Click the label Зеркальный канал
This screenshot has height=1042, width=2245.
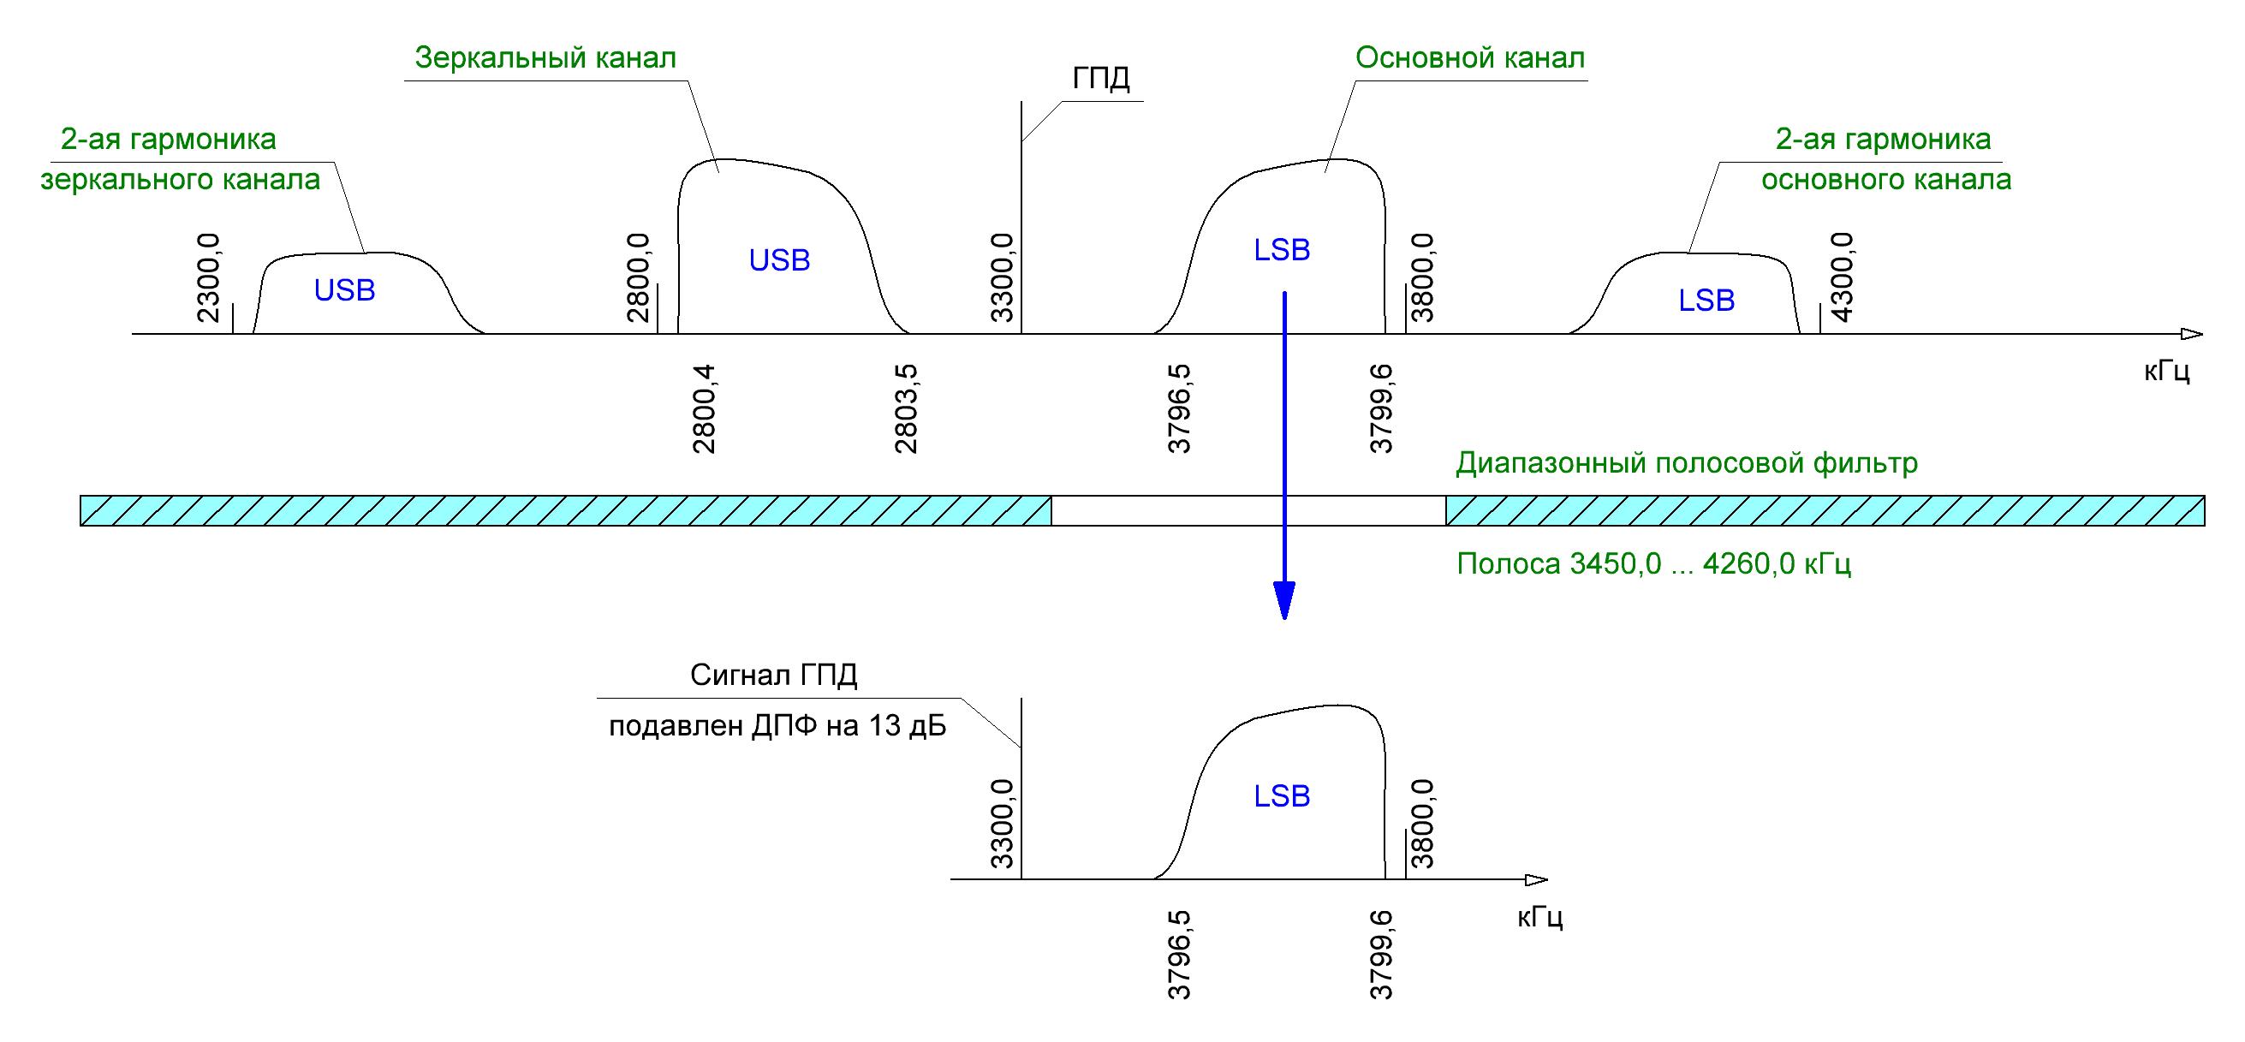pyautogui.click(x=545, y=58)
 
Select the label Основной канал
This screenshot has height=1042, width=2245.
pyautogui.click(x=1469, y=58)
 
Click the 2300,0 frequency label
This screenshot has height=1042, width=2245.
pyautogui.click(x=210, y=279)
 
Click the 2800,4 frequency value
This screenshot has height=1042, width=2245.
pyautogui.click(x=704, y=408)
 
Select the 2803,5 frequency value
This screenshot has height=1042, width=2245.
pyautogui.click(x=907, y=408)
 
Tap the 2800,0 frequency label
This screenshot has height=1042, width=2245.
pyautogui.click(x=640, y=279)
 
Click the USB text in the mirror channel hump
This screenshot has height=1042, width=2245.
pyautogui.click(x=779, y=260)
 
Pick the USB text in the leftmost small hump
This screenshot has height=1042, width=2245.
pyautogui.click(x=344, y=291)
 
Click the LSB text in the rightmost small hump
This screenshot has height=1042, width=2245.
pyautogui.click(x=1706, y=301)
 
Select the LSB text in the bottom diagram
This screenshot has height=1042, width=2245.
pyautogui.click(x=1281, y=796)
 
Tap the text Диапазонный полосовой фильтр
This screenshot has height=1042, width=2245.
pyautogui.click(x=1687, y=463)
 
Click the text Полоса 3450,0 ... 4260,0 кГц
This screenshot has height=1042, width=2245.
pyautogui.click(x=1653, y=564)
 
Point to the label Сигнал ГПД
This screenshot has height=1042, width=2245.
pyautogui.click(x=774, y=676)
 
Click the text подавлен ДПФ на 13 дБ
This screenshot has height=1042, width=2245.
pyautogui.click(x=777, y=726)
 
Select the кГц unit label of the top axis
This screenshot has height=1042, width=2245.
pyautogui.click(x=2166, y=371)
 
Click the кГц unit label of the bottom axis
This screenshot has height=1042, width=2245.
pyautogui.click(x=1540, y=917)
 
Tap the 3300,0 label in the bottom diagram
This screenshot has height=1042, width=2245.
pyautogui.click(x=1003, y=825)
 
